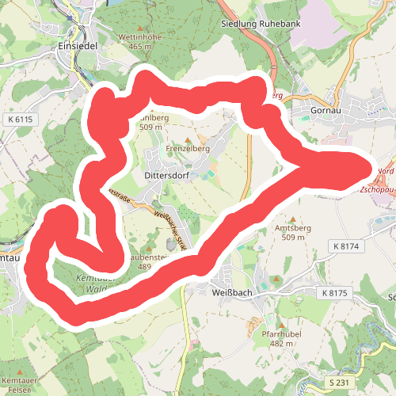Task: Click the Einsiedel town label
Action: pyautogui.click(x=77, y=45)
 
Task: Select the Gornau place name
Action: pyautogui.click(x=326, y=110)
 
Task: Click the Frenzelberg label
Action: pyautogui.click(x=187, y=148)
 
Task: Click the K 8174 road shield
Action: pyautogui.click(x=346, y=247)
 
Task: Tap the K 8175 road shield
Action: pyautogui.click(x=335, y=293)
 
